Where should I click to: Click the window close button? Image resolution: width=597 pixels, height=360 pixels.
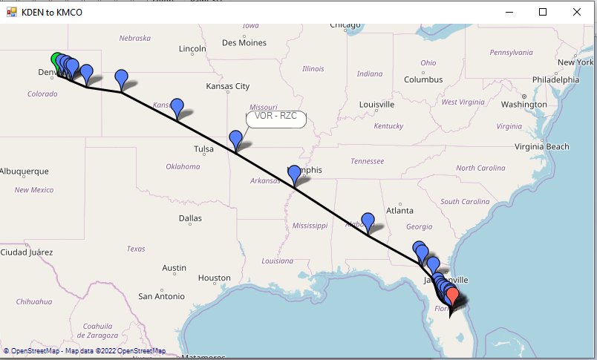click(x=577, y=12)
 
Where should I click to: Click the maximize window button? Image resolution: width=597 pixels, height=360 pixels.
click(x=543, y=12)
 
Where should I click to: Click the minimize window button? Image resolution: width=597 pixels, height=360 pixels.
click(x=509, y=12)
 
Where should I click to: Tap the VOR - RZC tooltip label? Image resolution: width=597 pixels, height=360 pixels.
click(x=275, y=117)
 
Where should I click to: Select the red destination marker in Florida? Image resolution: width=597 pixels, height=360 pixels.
click(x=451, y=295)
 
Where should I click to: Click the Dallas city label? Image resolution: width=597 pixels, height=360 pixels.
click(x=190, y=218)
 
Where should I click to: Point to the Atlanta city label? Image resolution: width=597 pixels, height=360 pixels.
click(x=399, y=210)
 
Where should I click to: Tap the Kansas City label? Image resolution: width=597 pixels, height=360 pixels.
click(x=228, y=86)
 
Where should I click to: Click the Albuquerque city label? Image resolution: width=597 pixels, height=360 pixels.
click(x=25, y=171)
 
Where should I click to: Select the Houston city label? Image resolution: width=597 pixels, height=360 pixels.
click(x=214, y=278)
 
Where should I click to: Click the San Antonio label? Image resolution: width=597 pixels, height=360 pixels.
click(x=161, y=296)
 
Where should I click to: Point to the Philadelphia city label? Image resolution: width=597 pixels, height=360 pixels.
click(x=555, y=79)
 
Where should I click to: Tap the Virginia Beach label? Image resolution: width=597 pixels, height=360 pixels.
click(x=543, y=147)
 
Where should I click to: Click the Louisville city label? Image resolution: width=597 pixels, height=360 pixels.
click(x=376, y=105)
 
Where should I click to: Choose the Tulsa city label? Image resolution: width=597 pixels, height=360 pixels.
click(x=203, y=149)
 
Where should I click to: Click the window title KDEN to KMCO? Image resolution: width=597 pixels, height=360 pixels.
click(x=52, y=12)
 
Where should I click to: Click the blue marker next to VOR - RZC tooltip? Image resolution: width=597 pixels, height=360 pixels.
click(x=236, y=138)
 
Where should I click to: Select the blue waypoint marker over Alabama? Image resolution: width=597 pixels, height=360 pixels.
click(x=368, y=221)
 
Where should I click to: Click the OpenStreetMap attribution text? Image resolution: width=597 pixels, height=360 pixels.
click(x=85, y=351)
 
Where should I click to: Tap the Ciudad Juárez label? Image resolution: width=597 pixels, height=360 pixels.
click(x=26, y=252)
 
